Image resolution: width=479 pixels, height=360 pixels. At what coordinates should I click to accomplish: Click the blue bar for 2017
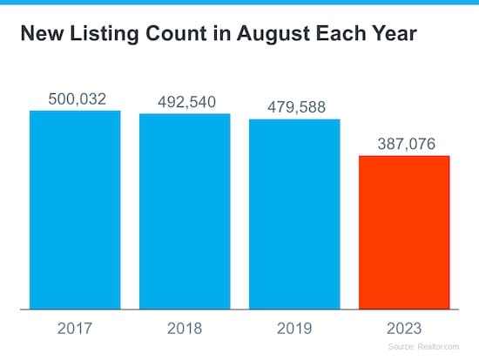[x=75, y=209]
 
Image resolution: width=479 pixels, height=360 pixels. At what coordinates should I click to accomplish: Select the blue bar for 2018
[x=185, y=211]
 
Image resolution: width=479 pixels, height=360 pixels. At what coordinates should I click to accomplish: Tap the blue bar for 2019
[x=294, y=214]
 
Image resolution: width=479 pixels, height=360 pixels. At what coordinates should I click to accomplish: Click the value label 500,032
[x=75, y=99]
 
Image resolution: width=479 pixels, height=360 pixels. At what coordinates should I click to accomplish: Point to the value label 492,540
[x=185, y=102]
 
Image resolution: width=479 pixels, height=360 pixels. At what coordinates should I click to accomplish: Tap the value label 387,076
[x=404, y=144]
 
